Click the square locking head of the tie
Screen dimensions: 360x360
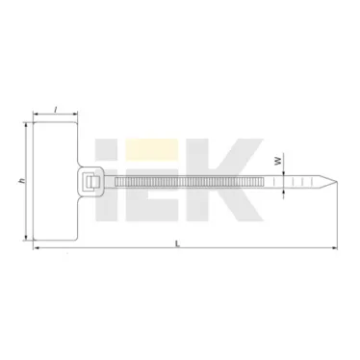(x=94, y=181)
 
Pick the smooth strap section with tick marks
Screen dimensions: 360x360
(x=289, y=181)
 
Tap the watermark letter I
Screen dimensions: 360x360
(x=133, y=169)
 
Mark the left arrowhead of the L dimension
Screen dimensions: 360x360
(x=37, y=249)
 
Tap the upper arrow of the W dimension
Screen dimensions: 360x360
(x=284, y=171)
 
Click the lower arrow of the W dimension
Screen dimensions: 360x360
(x=284, y=191)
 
